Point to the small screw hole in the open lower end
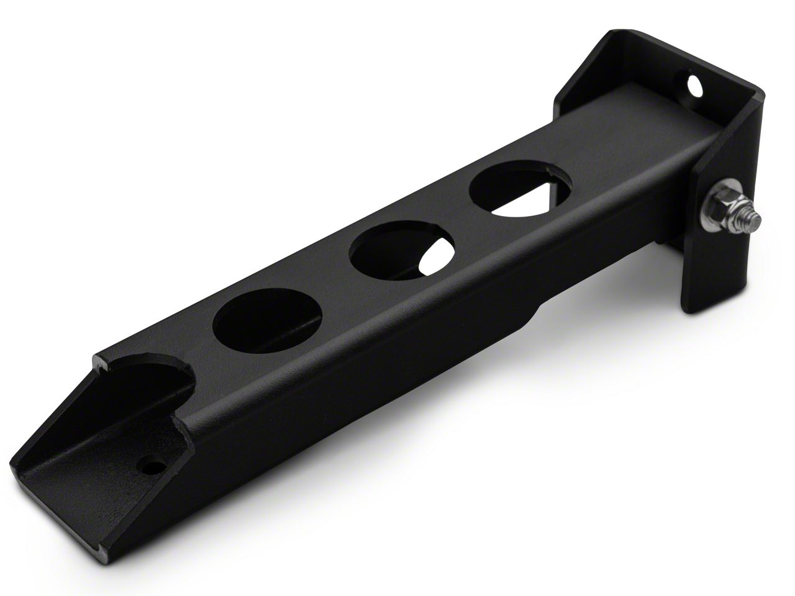[150, 464]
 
